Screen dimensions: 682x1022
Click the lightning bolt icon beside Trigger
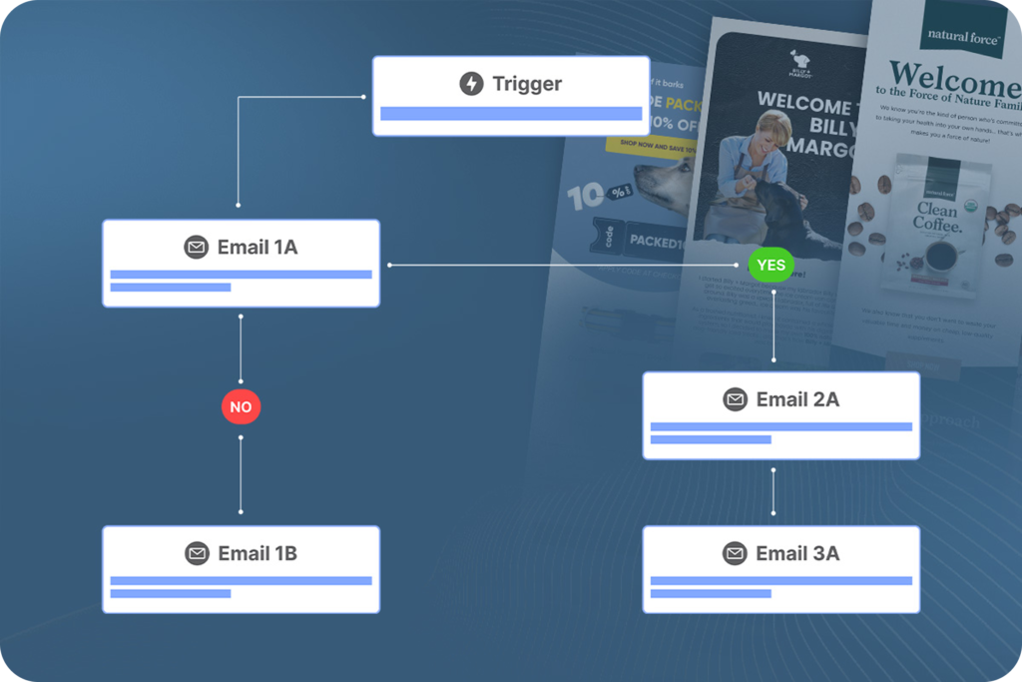pyautogui.click(x=471, y=84)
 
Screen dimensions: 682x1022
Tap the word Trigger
pyautogui.click(x=527, y=84)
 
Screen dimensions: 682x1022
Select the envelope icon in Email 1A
pyautogui.click(x=197, y=248)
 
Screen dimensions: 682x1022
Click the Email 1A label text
pyautogui.click(x=257, y=248)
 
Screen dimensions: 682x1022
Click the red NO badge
pyautogui.click(x=241, y=406)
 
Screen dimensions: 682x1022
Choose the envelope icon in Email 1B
pyautogui.click(x=197, y=553)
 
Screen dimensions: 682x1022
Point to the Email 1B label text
pyautogui.click(x=257, y=553)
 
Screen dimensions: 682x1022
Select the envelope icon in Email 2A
pyautogui.click(x=736, y=399)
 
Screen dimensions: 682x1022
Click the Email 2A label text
pyautogui.click(x=797, y=399)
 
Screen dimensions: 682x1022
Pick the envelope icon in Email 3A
pyautogui.click(x=736, y=553)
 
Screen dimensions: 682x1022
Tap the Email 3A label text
pyautogui.click(x=797, y=553)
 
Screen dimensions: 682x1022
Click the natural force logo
pyautogui.click(x=962, y=36)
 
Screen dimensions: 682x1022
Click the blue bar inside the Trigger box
pyautogui.click(x=511, y=114)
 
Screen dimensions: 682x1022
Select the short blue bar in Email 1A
pyautogui.click(x=171, y=288)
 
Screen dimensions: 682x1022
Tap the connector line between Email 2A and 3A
pyautogui.click(x=773, y=492)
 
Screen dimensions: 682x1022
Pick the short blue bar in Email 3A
pyautogui.click(x=711, y=594)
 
